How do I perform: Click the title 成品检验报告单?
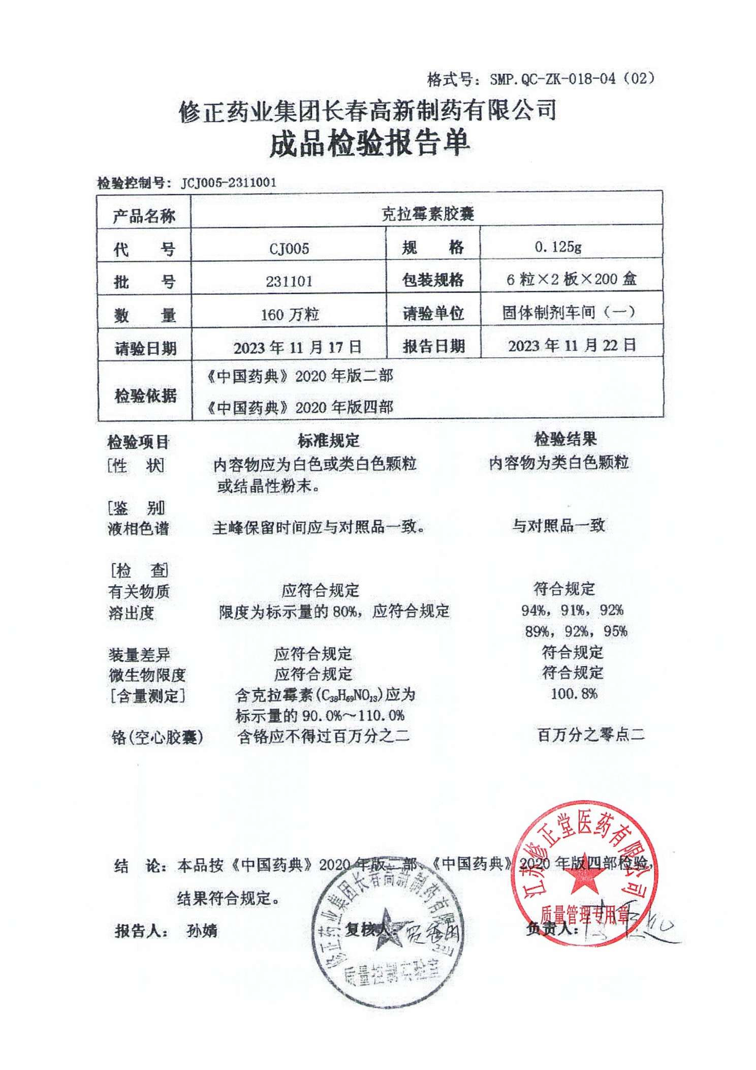pyautogui.click(x=369, y=143)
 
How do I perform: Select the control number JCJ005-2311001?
pyautogui.click(x=229, y=183)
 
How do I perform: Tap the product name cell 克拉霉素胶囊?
pyautogui.click(x=427, y=214)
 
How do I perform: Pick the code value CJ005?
pyautogui.click(x=289, y=249)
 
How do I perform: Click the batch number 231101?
pyautogui.click(x=289, y=281)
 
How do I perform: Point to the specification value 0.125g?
pyautogui.click(x=557, y=247)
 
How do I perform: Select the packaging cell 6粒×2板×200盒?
pyautogui.click(x=571, y=279)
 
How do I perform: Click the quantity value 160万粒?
pyautogui.click(x=290, y=315)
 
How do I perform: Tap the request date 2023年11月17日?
pyautogui.click(x=297, y=348)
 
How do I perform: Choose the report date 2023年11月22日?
pyautogui.click(x=572, y=346)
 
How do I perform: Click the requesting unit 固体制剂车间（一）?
pyautogui.click(x=569, y=312)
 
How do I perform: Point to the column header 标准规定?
pyautogui.click(x=328, y=440)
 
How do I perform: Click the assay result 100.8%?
pyautogui.click(x=574, y=694)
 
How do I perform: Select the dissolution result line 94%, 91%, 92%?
pyautogui.click(x=572, y=610)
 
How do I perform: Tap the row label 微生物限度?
pyautogui.click(x=147, y=675)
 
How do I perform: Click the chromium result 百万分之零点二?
pyautogui.click(x=591, y=734)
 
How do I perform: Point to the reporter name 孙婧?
pyautogui.click(x=202, y=931)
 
